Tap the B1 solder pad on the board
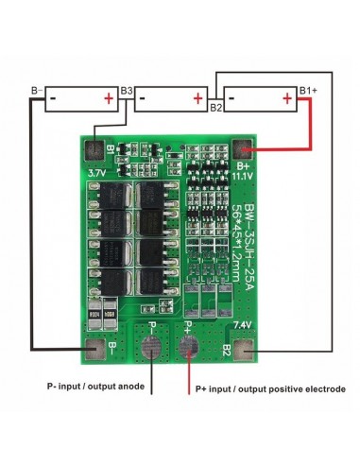94,149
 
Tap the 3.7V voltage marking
96,175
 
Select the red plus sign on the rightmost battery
286,97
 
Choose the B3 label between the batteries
127,91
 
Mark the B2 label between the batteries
215,108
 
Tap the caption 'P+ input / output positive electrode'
270,389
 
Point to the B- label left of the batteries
38,91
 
